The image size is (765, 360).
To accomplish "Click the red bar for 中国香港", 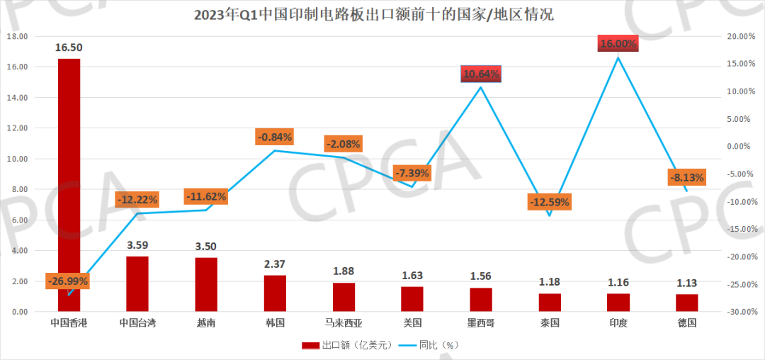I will (x=69, y=184).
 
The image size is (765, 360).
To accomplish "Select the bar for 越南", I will (x=206, y=284).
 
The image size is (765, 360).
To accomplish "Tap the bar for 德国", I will (x=687, y=303).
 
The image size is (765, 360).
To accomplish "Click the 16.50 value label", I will (x=69, y=47).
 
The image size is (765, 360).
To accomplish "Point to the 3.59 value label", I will (x=137, y=246).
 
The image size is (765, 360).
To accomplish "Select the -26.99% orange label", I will (x=68, y=281).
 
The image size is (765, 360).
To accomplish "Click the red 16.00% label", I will (x=618, y=44).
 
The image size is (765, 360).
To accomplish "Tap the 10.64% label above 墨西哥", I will (x=481, y=73).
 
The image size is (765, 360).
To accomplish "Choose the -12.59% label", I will (x=549, y=202).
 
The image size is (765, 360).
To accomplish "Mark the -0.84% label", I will (x=275, y=137).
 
